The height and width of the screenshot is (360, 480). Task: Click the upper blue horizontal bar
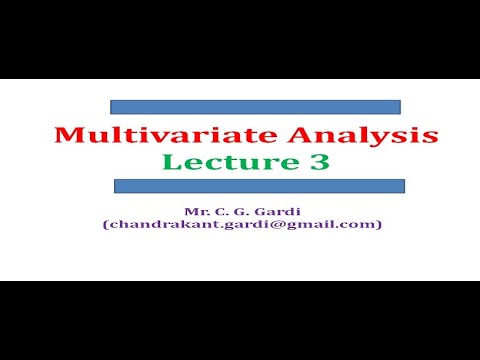(x=255, y=106)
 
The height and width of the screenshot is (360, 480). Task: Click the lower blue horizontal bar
(x=259, y=186)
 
